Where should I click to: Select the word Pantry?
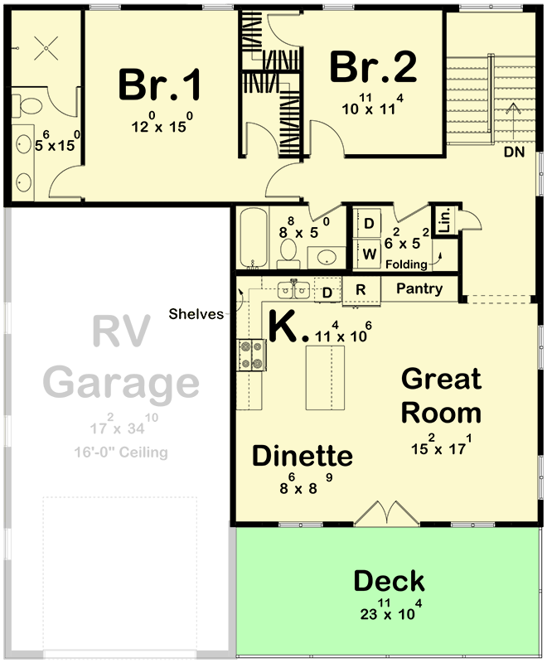coord(419,289)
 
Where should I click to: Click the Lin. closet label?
coord(444,219)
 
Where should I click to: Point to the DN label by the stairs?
coord(514,153)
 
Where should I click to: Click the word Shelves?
coord(196,313)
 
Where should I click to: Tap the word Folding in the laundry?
coord(405,264)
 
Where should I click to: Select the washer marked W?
coord(369,251)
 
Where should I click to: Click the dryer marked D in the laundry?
coord(369,223)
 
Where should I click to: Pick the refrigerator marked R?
coord(361,290)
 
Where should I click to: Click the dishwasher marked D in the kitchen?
coord(327,292)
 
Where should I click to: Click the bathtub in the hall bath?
coord(253,238)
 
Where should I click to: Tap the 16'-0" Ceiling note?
coord(120,452)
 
